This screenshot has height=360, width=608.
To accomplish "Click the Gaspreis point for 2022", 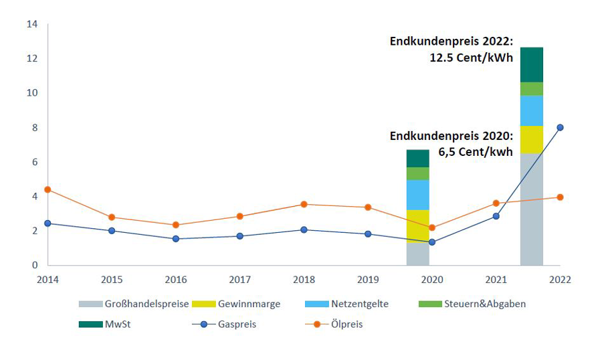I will (561, 127).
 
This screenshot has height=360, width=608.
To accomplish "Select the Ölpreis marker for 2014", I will (47, 189).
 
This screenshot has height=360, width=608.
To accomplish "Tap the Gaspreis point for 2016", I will (176, 239).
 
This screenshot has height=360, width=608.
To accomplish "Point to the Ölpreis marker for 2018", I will (304, 204).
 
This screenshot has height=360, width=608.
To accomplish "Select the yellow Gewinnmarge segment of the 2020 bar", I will (418, 226).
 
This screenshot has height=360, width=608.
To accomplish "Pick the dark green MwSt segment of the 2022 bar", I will (532, 65).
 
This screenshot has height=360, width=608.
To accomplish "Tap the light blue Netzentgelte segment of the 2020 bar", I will (418, 195).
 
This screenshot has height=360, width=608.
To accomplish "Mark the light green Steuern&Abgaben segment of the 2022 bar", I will (532, 89).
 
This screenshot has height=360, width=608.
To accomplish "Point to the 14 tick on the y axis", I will (32, 25).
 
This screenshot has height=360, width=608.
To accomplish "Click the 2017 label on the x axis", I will (239, 279).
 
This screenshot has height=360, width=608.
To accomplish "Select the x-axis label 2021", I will (496, 279).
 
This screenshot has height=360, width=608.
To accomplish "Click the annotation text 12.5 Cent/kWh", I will (471, 58).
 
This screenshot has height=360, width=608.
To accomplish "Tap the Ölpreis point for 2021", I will (496, 203).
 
